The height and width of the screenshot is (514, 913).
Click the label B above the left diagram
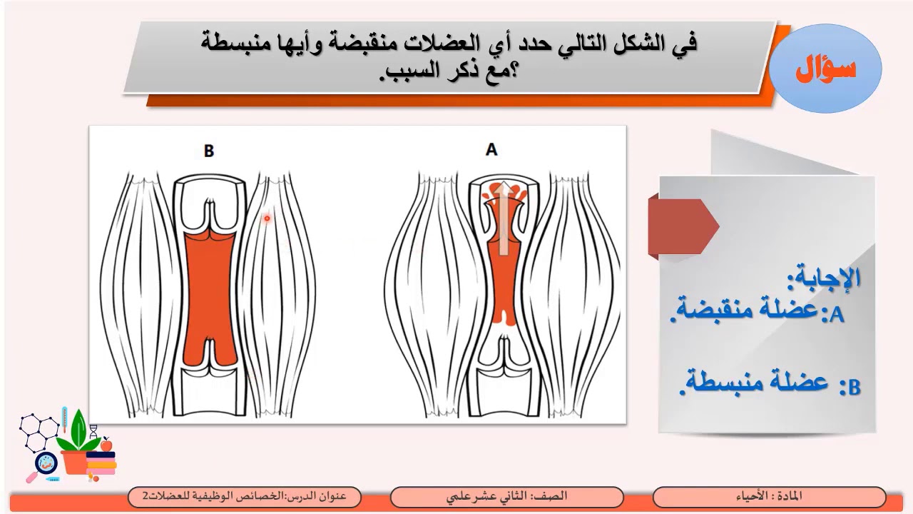point(208,151)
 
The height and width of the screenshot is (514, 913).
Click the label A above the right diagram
point(491,150)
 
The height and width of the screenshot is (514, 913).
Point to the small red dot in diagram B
point(267,218)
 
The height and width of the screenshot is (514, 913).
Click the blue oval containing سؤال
point(826,69)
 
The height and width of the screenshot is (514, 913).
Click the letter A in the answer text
point(836,315)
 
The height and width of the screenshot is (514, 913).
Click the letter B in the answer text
point(853,388)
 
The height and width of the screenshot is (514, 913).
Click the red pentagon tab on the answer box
point(682,227)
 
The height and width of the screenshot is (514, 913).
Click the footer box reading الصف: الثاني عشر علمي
point(506,496)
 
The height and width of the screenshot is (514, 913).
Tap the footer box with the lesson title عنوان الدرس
point(244,496)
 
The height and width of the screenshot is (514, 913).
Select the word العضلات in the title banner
point(445,44)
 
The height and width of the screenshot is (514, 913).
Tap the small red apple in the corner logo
point(106,444)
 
